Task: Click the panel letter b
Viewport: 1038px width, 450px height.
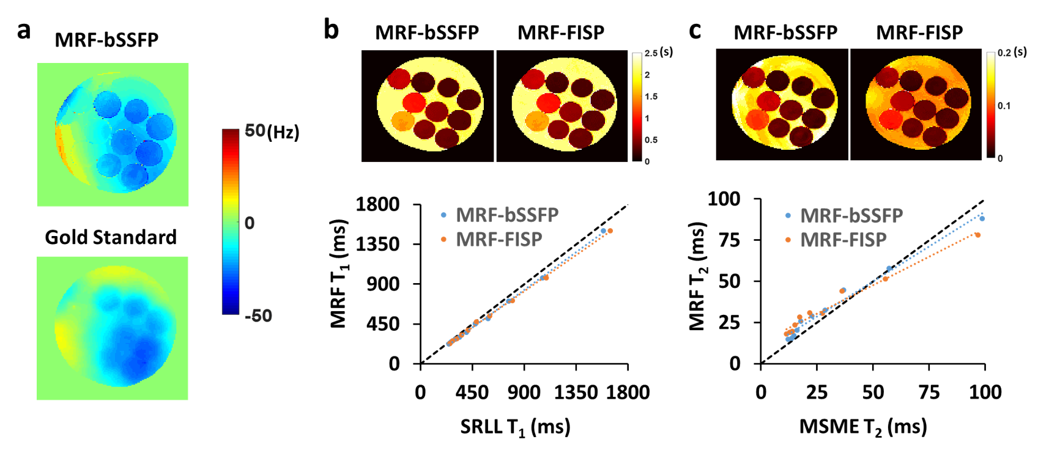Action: tap(331, 29)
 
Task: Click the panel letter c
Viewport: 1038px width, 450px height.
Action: tap(694, 29)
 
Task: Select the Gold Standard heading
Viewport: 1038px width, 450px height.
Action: tap(111, 237)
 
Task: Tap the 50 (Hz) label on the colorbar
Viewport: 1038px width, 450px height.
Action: tap(272, 131)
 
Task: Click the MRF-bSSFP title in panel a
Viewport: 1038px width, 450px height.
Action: tap(106, 40)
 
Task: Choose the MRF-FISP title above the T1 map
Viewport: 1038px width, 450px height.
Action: tap(561, 32)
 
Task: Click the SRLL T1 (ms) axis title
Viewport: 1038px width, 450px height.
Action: tap(515, 427)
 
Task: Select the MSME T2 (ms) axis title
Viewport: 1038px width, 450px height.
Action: tap(863, 427)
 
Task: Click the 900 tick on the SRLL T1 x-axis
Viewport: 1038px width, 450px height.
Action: tap(524, 393)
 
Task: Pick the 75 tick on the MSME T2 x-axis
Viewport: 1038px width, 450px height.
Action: tap(929, 393)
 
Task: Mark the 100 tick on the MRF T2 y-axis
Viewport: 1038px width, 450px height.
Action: tap(724, 199)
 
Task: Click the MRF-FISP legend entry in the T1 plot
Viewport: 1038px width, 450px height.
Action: tap(499, 240)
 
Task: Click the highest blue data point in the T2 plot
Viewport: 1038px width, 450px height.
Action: tap(982, 218)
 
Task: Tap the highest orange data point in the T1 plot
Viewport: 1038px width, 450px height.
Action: tap(610, 231)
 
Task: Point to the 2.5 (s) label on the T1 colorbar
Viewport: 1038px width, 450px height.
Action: tap(658, 53)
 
